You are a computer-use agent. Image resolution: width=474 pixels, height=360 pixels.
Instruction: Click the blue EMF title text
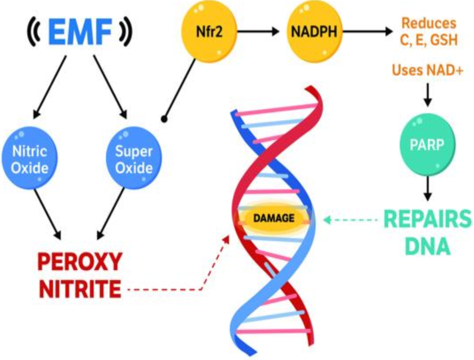tap(80, 32)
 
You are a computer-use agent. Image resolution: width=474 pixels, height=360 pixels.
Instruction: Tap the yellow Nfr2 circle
tap(209, 32)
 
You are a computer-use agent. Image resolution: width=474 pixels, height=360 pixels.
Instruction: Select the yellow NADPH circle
tap(314, 32)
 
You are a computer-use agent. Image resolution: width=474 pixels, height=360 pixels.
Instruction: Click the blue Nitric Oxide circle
tap(30, 158)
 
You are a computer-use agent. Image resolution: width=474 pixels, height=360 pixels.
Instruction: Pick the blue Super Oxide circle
tap(134, 158)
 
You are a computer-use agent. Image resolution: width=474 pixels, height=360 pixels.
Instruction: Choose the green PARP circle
tap(427, 145)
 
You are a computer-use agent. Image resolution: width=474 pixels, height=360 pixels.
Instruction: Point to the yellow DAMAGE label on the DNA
tap(274, 218)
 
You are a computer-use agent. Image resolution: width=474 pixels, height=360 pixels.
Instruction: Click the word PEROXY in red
tap(80, 262)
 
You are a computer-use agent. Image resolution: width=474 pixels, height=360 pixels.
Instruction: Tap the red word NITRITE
tap(80, 289)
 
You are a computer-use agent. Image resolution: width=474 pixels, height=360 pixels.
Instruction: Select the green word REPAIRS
tap(427, 219)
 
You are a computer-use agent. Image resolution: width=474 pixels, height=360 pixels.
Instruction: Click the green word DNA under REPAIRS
tap(427, 246)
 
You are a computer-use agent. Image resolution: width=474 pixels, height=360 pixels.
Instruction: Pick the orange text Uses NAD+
tap(427, 70)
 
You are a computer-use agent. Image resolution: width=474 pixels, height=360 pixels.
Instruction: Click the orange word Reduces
tap(429, 23)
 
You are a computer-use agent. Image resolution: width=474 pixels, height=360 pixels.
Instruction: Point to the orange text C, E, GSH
tap(429, 40)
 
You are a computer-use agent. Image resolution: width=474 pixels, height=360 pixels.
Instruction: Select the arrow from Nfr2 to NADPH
tap(258, 31)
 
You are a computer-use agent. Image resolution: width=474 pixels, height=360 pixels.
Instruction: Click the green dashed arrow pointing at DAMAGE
tap(350, 220)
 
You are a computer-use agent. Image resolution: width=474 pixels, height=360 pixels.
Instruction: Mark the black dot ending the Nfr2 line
tap(164, 119)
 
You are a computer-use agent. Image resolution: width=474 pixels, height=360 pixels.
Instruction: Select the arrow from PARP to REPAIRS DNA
tap(427, 189)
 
